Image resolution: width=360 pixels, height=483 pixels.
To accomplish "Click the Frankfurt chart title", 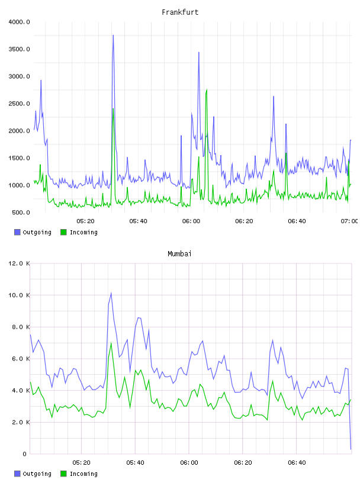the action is tap(180, 12).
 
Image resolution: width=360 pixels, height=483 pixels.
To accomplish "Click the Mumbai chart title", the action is tap(179, 254).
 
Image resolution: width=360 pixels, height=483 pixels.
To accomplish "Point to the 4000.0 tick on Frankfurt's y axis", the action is tap(19, 22).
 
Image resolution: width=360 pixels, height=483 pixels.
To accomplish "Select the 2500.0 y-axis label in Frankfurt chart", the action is tap(19, 104).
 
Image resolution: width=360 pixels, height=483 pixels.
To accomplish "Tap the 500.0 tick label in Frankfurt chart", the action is tap(21, 212).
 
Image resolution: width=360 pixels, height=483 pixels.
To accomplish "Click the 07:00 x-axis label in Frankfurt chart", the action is tap(349, 221).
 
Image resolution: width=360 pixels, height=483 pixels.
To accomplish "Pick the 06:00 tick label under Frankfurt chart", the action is tap(191, 221).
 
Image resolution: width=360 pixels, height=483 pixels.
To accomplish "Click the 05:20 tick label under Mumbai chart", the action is tap(81, 463).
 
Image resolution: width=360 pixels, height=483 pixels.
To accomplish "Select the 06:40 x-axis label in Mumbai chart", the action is tap(297, 463).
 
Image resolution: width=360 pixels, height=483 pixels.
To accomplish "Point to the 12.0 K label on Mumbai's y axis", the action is tap(19, 263).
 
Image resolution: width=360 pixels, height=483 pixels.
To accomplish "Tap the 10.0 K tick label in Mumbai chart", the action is tap(19, 295).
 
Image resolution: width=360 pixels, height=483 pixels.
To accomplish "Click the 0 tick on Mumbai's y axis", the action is tap(25, 454).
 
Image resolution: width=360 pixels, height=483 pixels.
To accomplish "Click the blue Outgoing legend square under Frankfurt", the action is tap(17, 232).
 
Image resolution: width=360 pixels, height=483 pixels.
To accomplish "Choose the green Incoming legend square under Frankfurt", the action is tap(63, 232).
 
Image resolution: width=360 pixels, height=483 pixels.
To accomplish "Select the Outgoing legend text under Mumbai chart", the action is tap(37, 474).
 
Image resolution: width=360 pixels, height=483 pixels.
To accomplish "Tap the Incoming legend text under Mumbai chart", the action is tap(83, 474).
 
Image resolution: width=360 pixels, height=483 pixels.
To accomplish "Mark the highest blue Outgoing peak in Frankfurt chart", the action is tap(113, 35).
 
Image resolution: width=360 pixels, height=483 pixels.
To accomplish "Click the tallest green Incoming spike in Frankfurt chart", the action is tap(207, 89).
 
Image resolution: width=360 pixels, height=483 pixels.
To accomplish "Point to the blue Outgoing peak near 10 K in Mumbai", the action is tap(111, 293).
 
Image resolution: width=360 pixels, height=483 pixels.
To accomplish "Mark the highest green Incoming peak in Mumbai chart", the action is tap(111, 343).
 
